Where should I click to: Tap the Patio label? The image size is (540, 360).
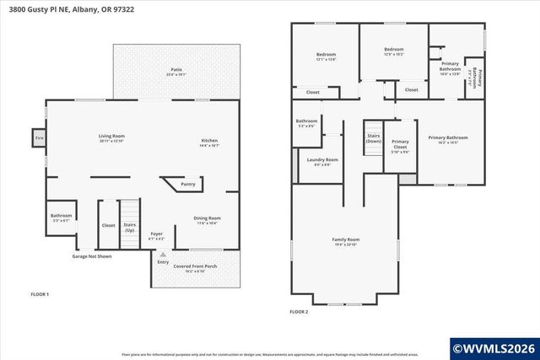coord(176,72)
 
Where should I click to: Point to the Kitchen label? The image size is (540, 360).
coord(209,142)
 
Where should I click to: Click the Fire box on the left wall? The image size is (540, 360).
coord(39,137)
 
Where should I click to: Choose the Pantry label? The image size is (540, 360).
coord(188,184)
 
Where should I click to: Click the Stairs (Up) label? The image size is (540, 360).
coord(130,228)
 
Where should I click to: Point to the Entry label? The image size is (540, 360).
coord(163,261)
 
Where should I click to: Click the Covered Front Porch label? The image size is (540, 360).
coord(195,267)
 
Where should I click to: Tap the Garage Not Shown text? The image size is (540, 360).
coord(91,255)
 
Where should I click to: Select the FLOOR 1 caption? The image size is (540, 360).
coord(40,294)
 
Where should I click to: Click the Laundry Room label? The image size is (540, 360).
coord(322,162)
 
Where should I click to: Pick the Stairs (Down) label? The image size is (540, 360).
coord(373,138)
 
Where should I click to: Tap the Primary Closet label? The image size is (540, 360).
coord(400,145)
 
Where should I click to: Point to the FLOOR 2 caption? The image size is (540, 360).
coord(299,311)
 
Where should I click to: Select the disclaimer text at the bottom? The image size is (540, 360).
coord(270,354)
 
